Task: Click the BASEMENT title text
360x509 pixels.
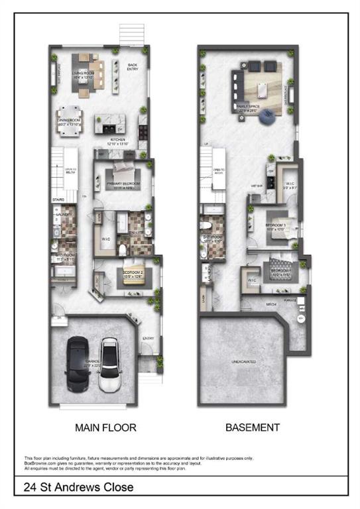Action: [253, 427]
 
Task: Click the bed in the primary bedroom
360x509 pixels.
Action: [123, 176]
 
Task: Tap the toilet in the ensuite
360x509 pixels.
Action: [124, 248]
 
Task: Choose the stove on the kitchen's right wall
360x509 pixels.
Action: [142, 123]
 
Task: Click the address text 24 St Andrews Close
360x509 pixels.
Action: [78, 487]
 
